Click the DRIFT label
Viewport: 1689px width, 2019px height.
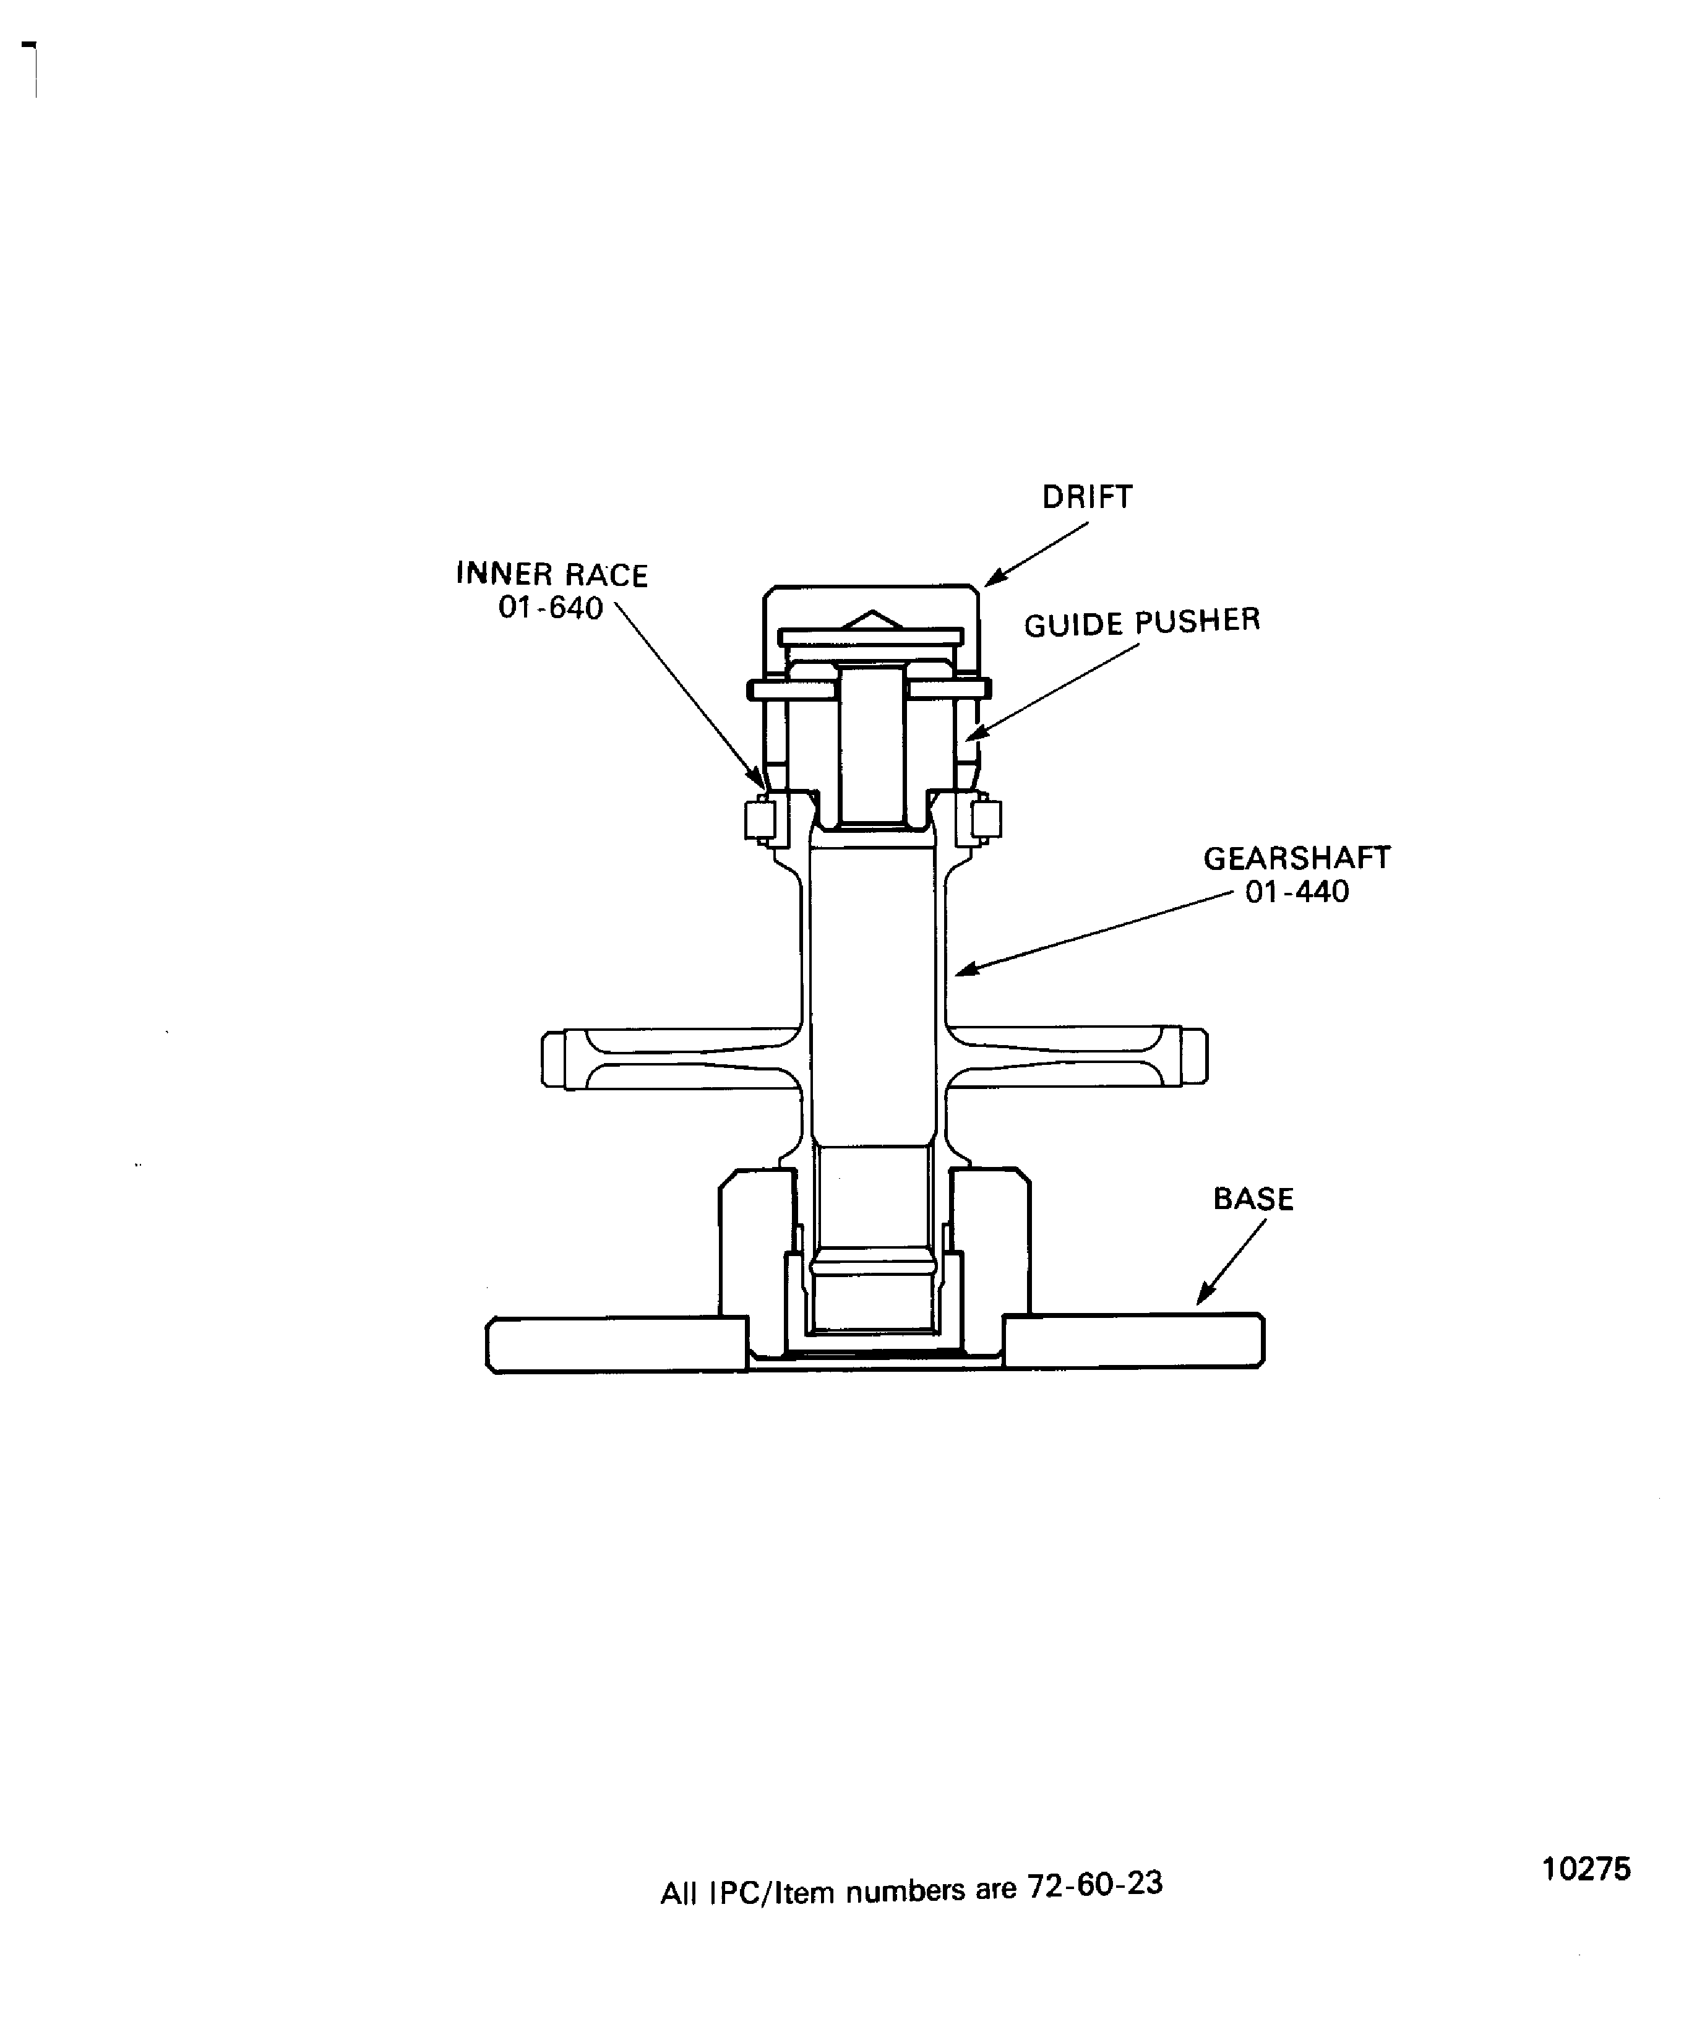point(1087,497)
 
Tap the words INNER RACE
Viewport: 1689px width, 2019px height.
point(552,575)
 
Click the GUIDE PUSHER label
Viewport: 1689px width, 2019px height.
point(1142,623)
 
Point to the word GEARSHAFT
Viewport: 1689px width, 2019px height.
point(1297,858)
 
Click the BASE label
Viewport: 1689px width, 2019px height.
point(1253,1199)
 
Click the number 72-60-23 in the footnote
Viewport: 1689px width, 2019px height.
point(1095,1883)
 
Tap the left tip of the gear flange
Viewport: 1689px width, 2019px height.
point(543,1059)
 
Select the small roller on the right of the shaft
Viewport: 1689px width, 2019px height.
point(986,819)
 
